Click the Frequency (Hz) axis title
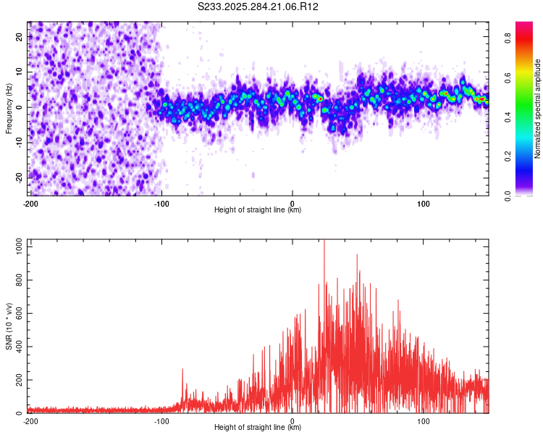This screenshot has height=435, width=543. point(9,109)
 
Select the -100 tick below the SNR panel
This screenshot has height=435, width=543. point(161,420)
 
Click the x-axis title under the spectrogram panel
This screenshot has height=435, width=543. point(258,210)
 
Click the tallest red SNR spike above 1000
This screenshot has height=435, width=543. point(324,242)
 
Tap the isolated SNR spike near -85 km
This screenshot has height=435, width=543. point(182,370)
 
